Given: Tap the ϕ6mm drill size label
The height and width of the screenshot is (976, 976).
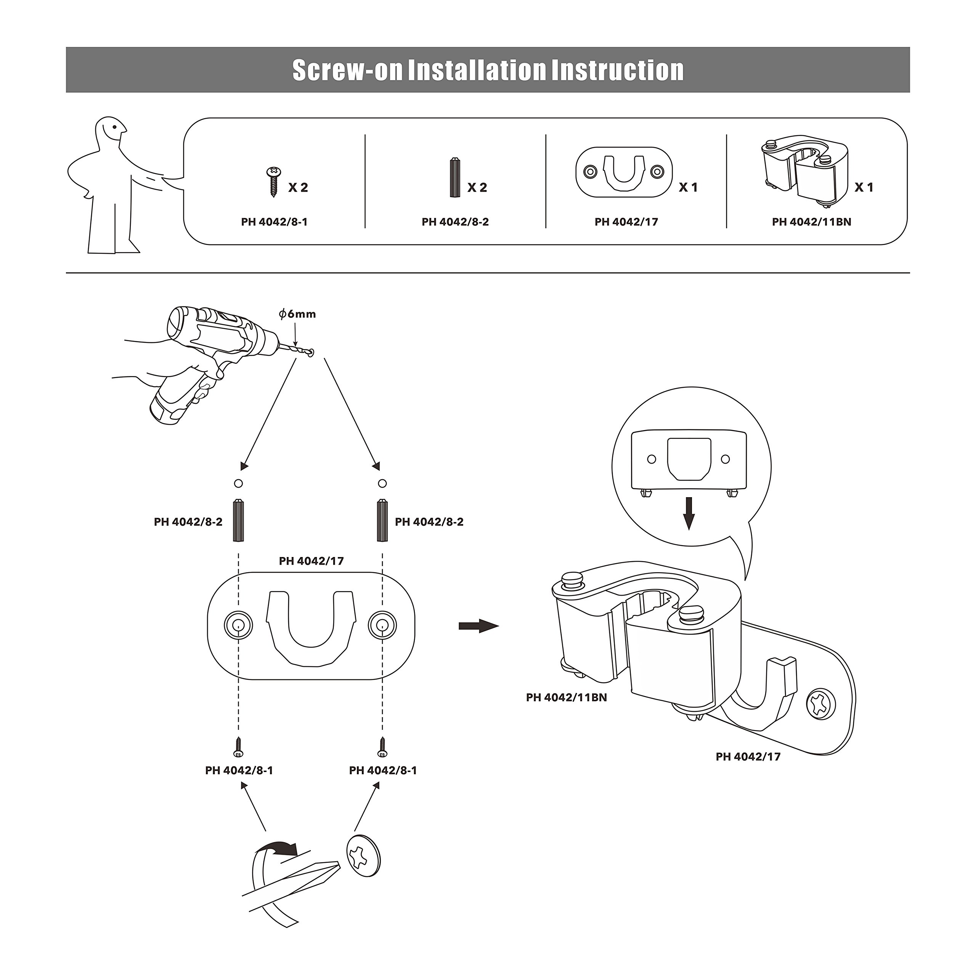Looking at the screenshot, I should (x=297, y=314).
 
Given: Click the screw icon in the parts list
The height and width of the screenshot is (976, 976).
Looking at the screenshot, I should (x=274, y=182).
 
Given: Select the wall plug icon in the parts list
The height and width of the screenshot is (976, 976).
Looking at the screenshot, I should (x=455, y=178).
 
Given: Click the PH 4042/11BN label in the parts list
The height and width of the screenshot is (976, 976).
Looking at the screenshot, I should (x=811, y=222).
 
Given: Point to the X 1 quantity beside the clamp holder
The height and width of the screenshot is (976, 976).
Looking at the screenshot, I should (x=864, y=188).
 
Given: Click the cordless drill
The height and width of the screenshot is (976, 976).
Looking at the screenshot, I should (x=212, y=354).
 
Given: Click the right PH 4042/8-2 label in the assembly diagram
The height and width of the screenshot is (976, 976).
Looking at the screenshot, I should (x=429, y=522).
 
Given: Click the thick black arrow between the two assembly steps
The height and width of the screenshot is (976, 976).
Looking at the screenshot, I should (x=478, y=626).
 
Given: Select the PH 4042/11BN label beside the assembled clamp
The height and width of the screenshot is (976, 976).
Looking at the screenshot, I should (x=566, y=698).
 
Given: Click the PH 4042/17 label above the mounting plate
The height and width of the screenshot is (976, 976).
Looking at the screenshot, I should (x=311, y=561).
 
